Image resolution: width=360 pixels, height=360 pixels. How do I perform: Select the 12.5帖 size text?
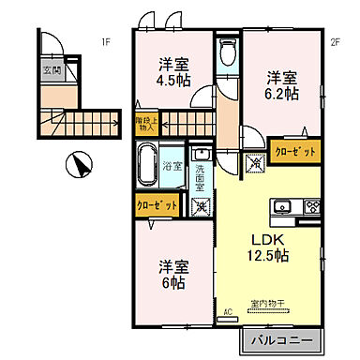(266, 254)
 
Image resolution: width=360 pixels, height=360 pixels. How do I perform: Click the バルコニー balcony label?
(281, 338)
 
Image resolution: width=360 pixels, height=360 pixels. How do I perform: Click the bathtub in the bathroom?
(147, 166)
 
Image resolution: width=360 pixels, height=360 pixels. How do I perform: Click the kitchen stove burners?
(311, 207)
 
